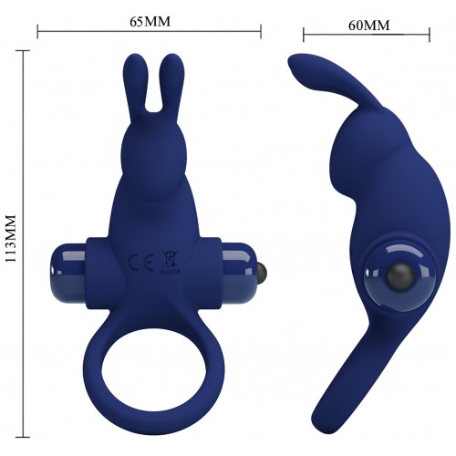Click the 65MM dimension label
[150, 22]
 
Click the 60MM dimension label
[368, 26]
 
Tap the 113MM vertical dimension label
[11, 238]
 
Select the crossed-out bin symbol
[170, 261]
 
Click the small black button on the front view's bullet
[263, 269]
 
